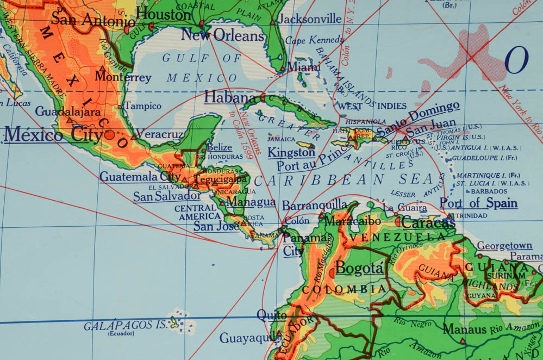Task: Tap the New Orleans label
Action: point(223,35)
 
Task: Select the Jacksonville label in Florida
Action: point(310,19)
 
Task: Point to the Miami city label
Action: point(304,67)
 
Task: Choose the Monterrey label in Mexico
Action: point(123,77)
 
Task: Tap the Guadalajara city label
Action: point(68,111)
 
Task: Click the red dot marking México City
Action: point(110,134)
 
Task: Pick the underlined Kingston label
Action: point(291,152)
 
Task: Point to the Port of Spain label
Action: point(478,203)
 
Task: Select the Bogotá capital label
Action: point(359,268)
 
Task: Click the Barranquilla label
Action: point(315,204)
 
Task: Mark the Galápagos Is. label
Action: point(124,326)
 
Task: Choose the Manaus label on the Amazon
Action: point(464,329)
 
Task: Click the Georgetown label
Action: point(504,245)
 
